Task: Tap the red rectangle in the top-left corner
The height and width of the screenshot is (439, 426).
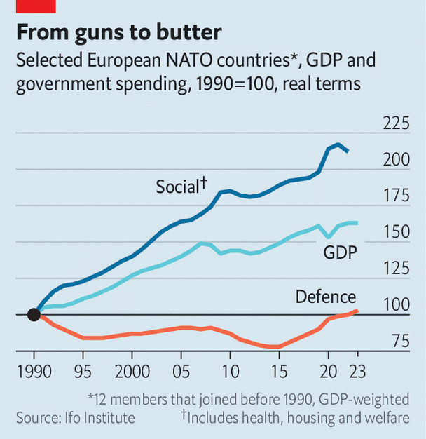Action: click(x=36, y=6)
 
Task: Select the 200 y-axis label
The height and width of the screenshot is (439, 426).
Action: click(x=397, y=160)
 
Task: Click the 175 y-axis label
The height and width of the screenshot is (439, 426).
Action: click(x=397, y=196)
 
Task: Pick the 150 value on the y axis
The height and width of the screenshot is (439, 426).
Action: click(x=397, y=232)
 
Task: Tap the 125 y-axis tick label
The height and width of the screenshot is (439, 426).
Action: click(x=397, y=269)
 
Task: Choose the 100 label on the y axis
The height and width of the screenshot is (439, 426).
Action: click(x=397, y=305)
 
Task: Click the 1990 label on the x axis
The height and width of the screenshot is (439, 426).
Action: click(x=34, y=371)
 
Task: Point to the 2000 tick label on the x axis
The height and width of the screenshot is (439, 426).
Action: click(x=132, y=371)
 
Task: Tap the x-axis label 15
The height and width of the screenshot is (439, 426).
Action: click(x=279, y=371)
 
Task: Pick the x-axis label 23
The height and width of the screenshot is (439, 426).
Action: click(x=357, y=371)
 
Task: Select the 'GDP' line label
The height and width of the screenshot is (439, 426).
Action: click(x=341, y=252)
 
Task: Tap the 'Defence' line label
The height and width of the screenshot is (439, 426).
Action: click(x=325, y=296)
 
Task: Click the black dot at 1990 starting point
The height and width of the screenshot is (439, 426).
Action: click(x=34, y=314)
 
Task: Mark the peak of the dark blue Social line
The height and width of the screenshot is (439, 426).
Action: click(x=338, y=144)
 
